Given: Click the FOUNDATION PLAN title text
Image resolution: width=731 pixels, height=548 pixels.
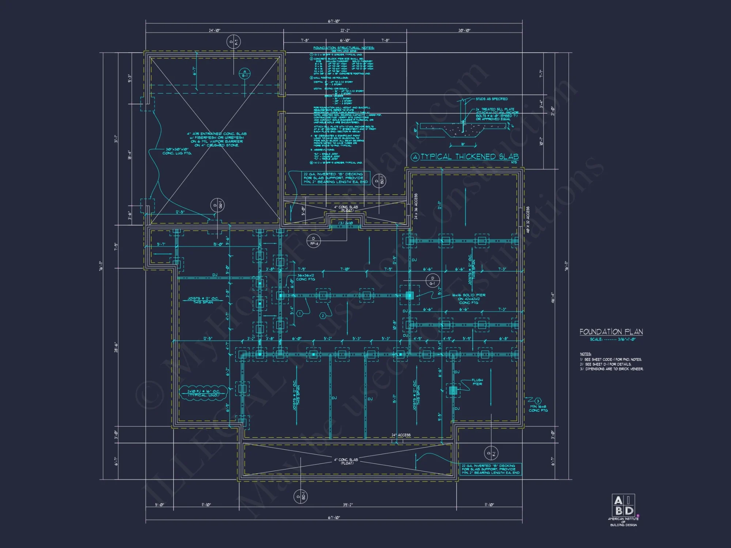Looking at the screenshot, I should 611,332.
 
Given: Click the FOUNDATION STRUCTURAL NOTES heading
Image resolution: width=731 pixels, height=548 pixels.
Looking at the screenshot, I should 344,48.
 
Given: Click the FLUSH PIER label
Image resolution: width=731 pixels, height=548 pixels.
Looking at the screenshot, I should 477,382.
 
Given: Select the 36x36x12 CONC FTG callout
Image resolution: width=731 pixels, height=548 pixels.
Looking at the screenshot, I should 306,277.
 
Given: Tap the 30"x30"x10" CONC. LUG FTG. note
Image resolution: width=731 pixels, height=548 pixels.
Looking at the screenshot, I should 177,151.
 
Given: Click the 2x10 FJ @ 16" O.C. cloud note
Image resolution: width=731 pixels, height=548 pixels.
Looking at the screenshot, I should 204,393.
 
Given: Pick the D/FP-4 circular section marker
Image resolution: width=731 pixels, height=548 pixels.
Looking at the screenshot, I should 314,241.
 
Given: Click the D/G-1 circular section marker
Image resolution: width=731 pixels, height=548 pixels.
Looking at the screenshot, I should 432,281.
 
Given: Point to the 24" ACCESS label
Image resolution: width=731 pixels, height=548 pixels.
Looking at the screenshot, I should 401,435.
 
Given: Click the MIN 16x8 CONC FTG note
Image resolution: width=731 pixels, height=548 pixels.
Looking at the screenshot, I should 538,408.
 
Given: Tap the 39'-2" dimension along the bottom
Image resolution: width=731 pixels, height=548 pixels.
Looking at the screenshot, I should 348,505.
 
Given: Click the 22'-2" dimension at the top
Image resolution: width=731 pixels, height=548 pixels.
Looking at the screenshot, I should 345,30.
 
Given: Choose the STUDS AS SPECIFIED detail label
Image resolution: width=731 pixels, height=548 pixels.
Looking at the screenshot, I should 492,99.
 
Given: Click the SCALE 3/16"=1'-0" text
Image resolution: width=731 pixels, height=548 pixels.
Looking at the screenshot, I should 613,339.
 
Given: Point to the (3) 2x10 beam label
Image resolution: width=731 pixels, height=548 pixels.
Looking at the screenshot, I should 345,223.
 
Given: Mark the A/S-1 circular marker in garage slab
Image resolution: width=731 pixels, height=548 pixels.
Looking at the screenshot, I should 245,74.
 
